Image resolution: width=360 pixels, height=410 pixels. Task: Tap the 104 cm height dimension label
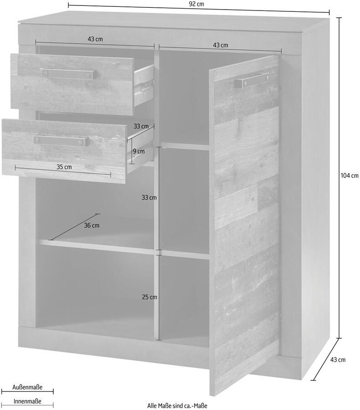click(x=349, y=175)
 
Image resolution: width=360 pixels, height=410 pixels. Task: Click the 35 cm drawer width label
click(x=64, y=167)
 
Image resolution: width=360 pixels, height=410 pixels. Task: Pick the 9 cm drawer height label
click(x=139, y=151)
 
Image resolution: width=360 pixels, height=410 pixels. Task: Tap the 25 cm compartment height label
click(x=149, y=297)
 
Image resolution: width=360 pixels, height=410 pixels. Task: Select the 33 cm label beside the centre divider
click(x=149, y=198)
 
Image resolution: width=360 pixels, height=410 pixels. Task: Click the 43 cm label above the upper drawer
click(x=95, y=39)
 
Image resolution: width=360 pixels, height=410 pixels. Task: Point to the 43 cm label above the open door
click(x=220, y=45)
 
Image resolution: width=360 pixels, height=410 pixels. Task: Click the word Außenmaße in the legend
click(x=27, y=387)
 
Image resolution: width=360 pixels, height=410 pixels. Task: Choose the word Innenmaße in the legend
click(x=27, y=401)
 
